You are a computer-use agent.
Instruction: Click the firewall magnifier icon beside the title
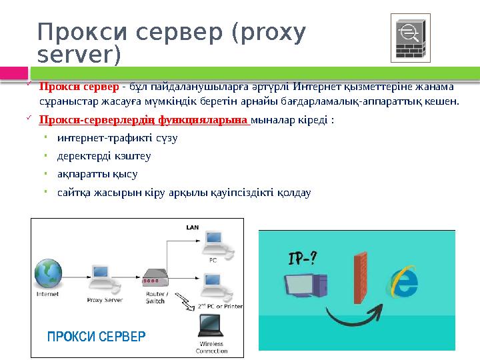coord(409,37)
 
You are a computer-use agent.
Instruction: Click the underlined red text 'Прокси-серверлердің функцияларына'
coord(143,121)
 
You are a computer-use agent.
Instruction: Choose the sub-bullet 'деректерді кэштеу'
coord(104,157)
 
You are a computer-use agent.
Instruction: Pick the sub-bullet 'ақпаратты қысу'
coord(97,175)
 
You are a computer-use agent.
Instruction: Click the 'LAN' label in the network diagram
coord(192,227)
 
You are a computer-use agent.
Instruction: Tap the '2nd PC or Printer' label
coord(219,306)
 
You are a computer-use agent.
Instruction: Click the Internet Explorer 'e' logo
coord(403,279)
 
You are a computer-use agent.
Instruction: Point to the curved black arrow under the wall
coord(353,313)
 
